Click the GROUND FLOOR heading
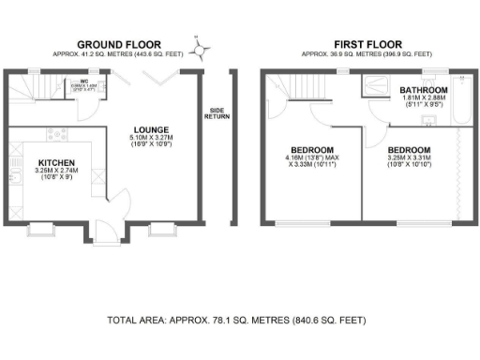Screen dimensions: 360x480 click(118, 44)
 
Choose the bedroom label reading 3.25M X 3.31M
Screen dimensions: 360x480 click(410, 150)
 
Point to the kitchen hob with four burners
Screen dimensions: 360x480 click(52, 134)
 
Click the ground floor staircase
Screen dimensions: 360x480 click(32, 90)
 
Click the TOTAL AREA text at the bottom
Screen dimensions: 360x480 click(236, 321)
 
